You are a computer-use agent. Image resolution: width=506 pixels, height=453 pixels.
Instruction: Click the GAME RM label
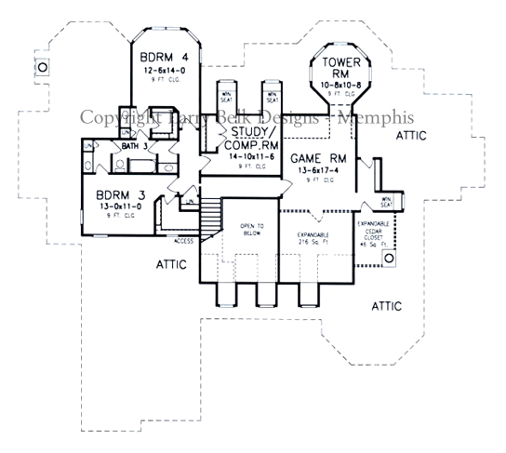(319, 158)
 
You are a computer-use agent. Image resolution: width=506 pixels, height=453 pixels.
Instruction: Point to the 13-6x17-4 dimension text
(318, 170)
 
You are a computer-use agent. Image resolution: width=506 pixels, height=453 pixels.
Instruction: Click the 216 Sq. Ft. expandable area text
(313, 240)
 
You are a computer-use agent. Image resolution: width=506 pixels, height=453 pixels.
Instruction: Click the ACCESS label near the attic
(182, 240)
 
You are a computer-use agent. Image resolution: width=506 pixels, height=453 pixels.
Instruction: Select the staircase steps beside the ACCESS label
(214, 219)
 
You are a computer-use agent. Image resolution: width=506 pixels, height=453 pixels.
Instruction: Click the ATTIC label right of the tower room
(410, 136)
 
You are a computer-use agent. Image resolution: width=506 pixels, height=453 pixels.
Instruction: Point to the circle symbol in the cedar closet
(388, 257)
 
